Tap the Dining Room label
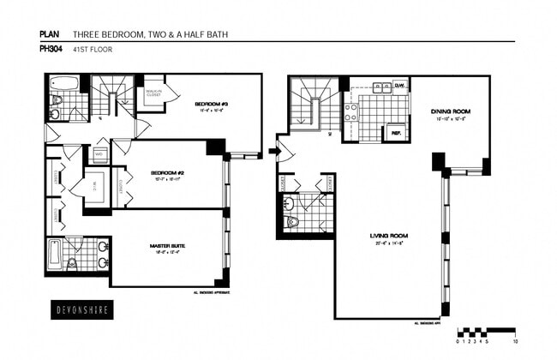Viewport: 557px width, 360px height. click(449, 112)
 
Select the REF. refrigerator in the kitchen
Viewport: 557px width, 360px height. click(396, 133)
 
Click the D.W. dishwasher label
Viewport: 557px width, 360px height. click(398, 85)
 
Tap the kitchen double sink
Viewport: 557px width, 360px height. click(382, 87)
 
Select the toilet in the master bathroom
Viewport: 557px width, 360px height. click(72, 263)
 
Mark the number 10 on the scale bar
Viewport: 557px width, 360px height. click(515, 340)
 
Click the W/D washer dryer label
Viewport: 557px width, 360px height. click(99, 156)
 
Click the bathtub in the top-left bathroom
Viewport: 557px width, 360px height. click(63, 84)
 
